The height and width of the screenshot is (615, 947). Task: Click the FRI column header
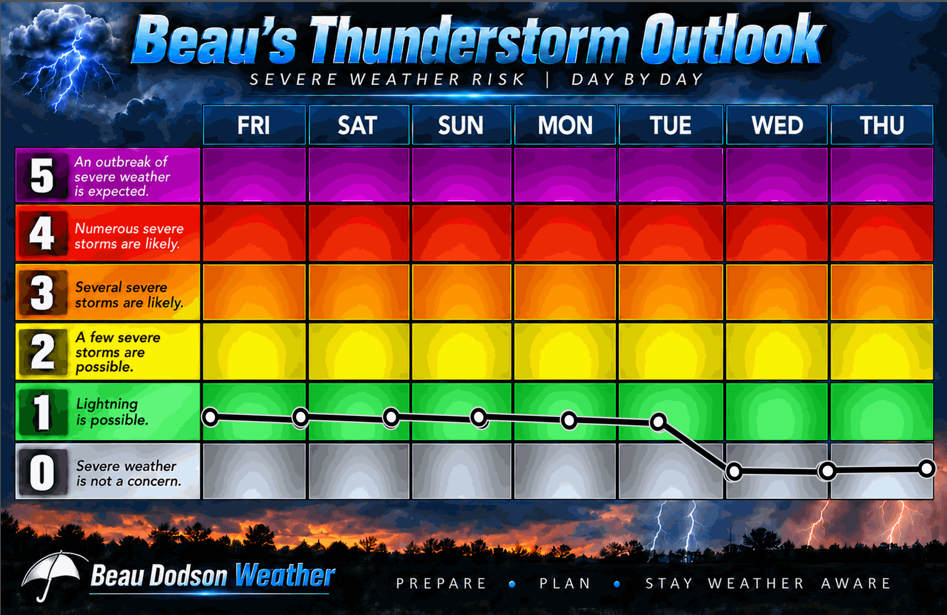tap(254, 125)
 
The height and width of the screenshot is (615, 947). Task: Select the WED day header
tap(777, 125)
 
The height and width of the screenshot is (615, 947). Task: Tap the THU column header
tap(882, 125)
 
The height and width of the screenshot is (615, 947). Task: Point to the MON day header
tap(565, 125)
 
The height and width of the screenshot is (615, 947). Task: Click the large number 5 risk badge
tap(42, 175)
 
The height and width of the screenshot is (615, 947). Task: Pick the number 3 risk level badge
tap(42, 293)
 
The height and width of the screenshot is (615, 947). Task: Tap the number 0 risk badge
tap(42, 472)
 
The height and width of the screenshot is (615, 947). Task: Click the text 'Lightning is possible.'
tap(112, 412)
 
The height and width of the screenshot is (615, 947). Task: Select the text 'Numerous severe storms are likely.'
tap(129, 236)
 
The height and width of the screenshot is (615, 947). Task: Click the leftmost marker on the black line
tap(210, 417)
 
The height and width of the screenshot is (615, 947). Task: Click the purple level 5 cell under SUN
tap(461, 175)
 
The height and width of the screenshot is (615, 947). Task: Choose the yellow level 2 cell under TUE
tap(671, 351)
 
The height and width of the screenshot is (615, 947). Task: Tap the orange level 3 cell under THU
tap(882, 292)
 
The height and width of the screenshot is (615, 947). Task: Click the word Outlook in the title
tap(732, 40)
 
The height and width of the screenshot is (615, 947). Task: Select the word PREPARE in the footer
tap(441, 583)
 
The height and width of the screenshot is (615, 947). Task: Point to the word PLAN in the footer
tap(565, 583)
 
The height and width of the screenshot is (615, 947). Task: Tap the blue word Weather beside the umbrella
tap(285, 575)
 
